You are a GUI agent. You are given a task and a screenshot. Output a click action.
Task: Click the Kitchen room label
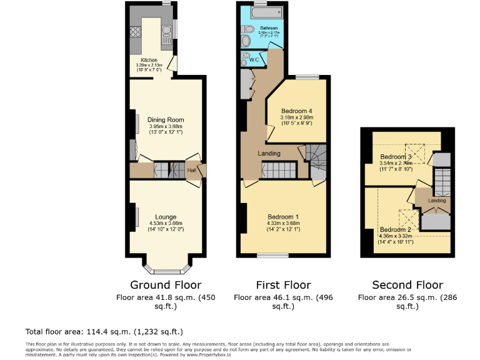149,60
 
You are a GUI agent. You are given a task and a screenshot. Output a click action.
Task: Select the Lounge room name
166,217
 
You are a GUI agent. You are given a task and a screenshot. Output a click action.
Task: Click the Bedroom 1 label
282,217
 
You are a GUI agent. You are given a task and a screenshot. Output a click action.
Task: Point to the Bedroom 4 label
296,110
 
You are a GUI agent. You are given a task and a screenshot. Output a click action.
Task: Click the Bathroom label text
262,27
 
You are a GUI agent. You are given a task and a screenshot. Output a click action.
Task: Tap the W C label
254,59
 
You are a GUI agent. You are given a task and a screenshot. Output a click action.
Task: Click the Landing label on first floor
269,153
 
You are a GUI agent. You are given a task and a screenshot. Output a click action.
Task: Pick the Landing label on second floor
437,201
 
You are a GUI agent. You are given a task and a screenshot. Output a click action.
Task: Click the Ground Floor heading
166,285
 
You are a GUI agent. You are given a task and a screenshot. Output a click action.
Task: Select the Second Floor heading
407,285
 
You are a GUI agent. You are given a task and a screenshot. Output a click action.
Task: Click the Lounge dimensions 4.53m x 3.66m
166,223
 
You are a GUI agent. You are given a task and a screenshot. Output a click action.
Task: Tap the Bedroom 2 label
396,229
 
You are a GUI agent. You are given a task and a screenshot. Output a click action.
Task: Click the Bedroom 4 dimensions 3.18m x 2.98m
296,117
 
